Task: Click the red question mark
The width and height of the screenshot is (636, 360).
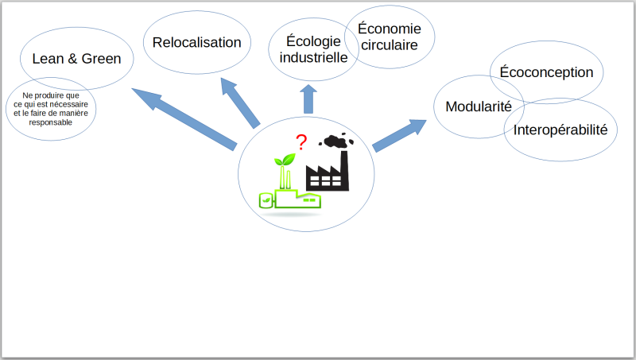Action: pos(301,142)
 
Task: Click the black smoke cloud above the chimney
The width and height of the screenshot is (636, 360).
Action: pos(335,141)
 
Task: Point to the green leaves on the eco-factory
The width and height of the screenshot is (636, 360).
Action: pos(285,159)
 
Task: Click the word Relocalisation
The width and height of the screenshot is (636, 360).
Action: pos(196,42)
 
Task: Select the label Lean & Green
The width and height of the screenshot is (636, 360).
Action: pos(76,59)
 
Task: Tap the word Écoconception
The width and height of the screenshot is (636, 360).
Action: pos(546,72)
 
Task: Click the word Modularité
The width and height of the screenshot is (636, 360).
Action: pos(479,106)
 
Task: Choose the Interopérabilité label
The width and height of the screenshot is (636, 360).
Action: pos(560,130)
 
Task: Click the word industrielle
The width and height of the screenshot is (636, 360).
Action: pos(313,57)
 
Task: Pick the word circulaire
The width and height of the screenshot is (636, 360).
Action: pos(390,45)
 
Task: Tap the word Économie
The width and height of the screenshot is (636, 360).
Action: pos(390,29)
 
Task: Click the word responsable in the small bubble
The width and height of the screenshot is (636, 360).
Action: pos(50,122)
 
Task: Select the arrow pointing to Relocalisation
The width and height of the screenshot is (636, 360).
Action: pos(240,103)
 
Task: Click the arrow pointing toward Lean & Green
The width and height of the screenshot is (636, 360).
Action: pos(184,119)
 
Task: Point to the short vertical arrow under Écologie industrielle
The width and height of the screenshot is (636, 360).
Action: pos(308,99)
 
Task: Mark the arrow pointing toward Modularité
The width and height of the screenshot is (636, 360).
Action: pos(400,135)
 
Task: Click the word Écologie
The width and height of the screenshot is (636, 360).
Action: pos(313,41)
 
